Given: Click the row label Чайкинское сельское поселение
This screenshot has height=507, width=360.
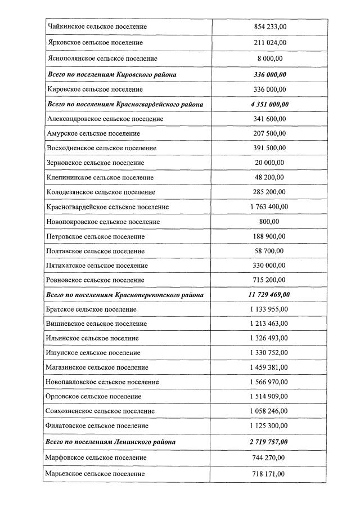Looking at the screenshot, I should point(97,26).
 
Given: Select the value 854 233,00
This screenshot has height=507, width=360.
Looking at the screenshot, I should point(268,26).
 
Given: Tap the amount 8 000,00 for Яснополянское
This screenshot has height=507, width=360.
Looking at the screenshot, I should point(268,59).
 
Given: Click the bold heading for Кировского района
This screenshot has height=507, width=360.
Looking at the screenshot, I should point(111,75).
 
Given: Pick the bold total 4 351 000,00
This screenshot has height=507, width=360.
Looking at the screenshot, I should point(268,104).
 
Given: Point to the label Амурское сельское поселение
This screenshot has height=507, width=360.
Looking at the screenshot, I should point(93,133).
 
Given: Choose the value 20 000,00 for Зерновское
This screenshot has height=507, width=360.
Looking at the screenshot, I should point(268,163).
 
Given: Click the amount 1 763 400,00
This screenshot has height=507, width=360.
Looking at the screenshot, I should point(268,207).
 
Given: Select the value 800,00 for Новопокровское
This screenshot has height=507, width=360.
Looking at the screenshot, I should point(268,222).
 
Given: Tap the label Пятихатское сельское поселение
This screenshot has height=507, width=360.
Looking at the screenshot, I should point(97,266).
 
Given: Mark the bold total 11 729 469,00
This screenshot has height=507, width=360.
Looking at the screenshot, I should point(268,295).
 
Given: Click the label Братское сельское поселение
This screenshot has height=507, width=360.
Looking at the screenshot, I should point(92,309).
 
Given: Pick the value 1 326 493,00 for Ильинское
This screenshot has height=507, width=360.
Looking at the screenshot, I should point(268,338).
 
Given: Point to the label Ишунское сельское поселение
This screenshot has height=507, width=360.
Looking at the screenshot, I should point(93,353).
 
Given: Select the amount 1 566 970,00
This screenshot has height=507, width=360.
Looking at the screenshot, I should point(268,382).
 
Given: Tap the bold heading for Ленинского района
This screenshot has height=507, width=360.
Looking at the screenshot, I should point(111,442).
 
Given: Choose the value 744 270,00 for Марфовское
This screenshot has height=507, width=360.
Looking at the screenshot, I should point(268,458).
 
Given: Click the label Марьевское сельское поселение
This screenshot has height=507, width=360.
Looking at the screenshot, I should point(96,474).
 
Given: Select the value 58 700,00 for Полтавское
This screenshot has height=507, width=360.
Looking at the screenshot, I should point(268,251).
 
